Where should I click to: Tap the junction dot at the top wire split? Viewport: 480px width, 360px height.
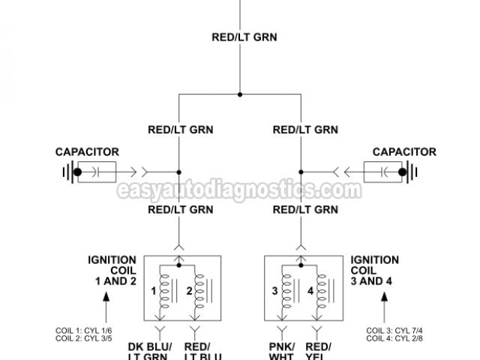240,94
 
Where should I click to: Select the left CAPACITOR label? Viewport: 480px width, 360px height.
87,151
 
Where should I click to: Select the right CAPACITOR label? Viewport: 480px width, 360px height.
404,151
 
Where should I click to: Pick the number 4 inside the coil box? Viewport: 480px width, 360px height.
310,289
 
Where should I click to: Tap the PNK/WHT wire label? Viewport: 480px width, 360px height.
281,350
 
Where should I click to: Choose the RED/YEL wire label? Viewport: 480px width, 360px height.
319,350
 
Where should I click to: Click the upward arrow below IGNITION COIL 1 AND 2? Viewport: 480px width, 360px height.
105,307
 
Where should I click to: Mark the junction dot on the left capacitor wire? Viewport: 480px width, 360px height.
179,172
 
